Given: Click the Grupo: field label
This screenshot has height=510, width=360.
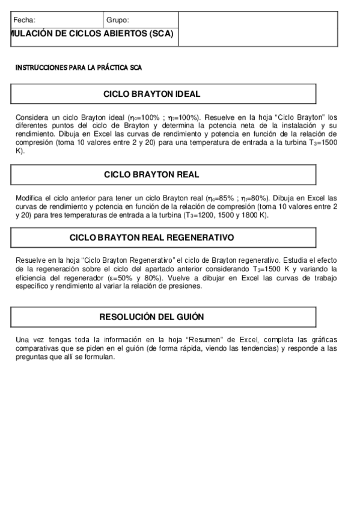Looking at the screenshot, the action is (118, 20).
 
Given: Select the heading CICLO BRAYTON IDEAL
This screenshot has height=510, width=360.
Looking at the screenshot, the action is (151, 94).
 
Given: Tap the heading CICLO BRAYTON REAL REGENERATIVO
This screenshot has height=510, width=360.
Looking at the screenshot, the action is (151, 238).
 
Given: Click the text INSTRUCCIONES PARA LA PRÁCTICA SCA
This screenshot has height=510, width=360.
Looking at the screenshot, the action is (78, 68).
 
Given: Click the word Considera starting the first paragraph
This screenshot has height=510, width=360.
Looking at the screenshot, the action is (31, 117).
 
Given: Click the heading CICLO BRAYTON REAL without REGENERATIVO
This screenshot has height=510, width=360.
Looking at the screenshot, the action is (151, 174).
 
